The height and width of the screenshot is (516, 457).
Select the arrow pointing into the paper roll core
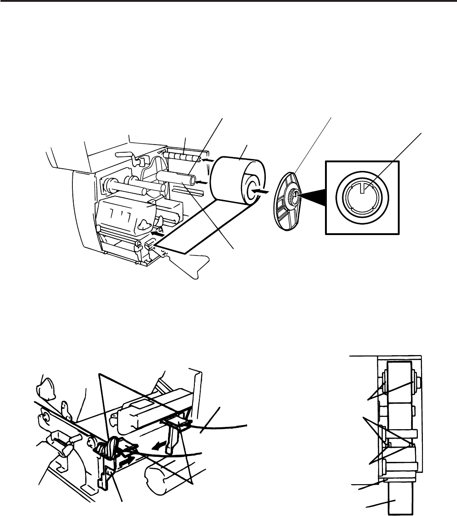(x=262, y=192)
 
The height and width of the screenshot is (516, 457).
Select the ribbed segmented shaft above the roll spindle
(x=182, y=156)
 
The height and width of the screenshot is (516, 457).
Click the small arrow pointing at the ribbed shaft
(x=206, y=160)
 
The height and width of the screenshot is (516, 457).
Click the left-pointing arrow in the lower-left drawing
(x=159, y=446)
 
